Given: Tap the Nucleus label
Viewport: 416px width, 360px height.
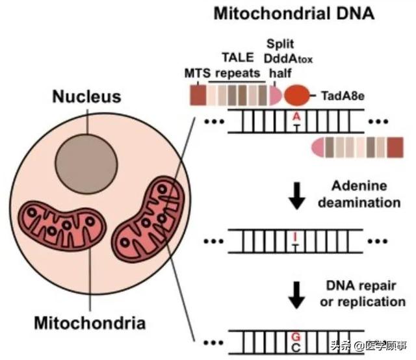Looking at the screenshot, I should (x=86, y=97).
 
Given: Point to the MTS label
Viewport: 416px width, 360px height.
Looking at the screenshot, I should (x=198, y=74).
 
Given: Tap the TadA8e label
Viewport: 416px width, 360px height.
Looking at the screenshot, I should (x=343, y=96).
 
